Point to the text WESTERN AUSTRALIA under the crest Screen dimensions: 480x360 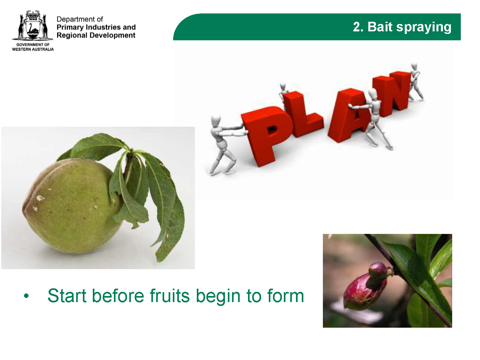[x=33, y=49]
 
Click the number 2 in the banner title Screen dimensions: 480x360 [x=357, y=27]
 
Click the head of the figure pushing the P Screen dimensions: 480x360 [x=216, y=120]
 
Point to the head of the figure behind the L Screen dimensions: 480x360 [x=283, y=86]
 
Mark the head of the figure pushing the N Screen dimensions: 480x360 [x=414, y=67]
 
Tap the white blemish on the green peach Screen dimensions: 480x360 [x=40, y=198]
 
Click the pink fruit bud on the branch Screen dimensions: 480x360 [x=367, y=287]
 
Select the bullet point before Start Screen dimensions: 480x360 [x=26, y=296]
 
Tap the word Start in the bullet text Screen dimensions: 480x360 [x=67, y=295]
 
